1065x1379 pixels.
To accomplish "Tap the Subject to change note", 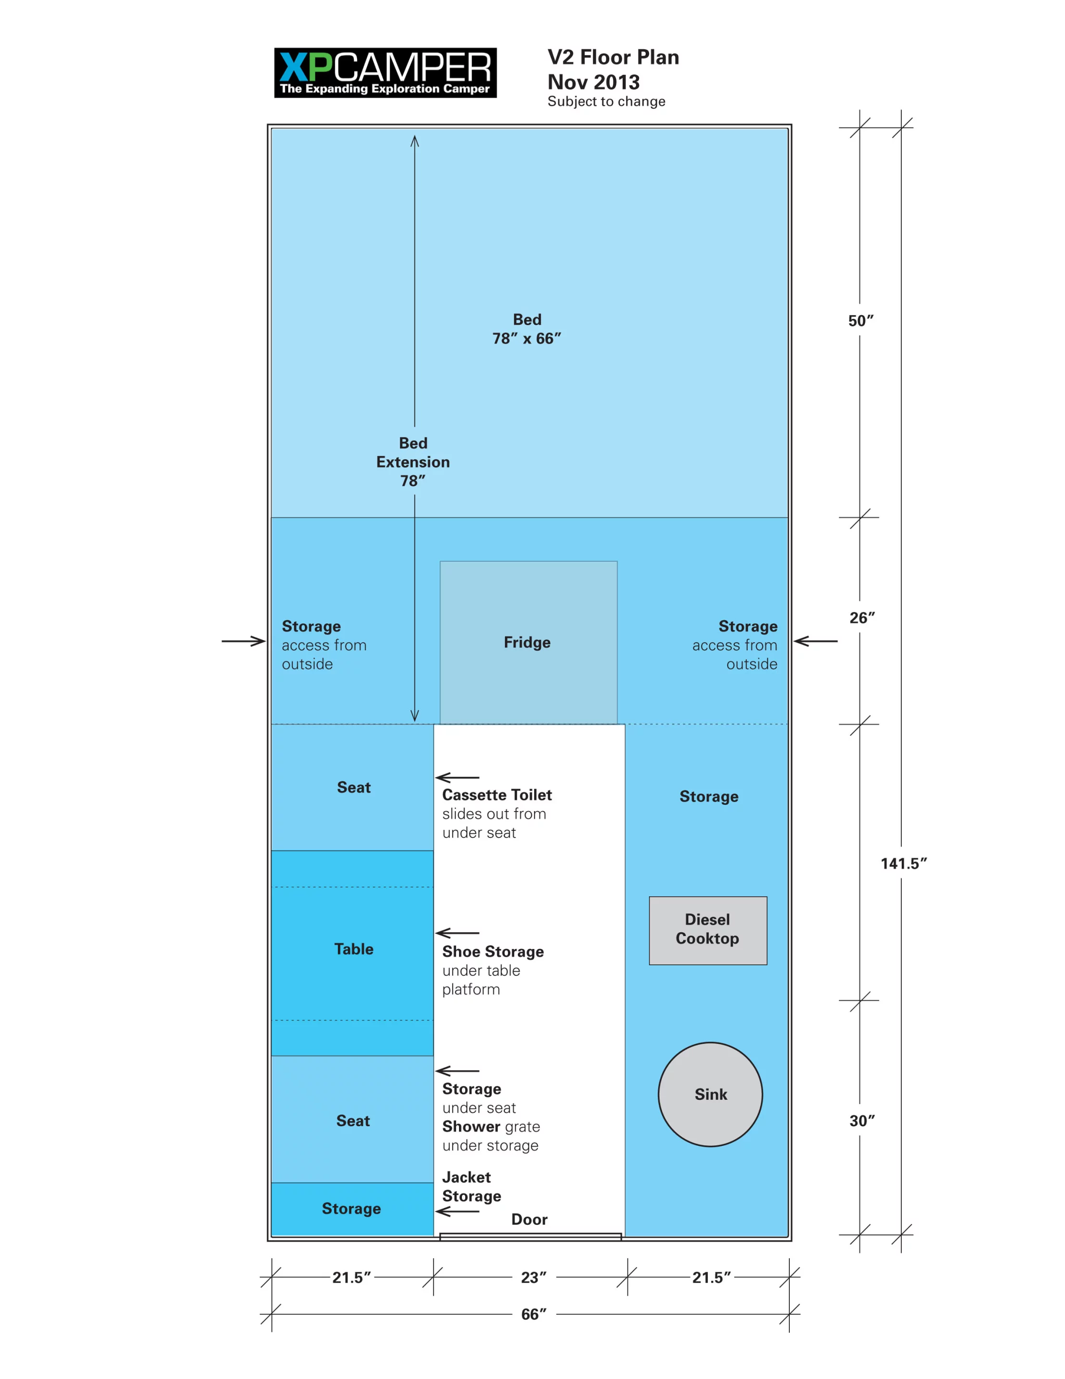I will (605, 102).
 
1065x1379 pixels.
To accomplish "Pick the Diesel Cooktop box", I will (707, 929).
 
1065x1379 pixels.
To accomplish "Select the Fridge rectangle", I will (528, 642).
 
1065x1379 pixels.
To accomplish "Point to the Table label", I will (354, 949).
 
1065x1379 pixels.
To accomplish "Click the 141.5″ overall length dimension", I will (903, 864).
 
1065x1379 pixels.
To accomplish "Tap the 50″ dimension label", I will (861, 321).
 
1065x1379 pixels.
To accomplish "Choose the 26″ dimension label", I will (862, 618).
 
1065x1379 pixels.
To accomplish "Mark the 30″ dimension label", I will (862, 1121).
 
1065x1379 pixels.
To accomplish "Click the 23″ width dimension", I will (533, 1277).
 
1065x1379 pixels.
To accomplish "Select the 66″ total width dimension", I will (533, 1314).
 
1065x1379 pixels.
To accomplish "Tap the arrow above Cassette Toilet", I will (457, 777).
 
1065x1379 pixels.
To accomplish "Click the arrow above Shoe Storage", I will (457, 933).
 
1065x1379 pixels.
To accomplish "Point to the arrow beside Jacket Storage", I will (457, 1211).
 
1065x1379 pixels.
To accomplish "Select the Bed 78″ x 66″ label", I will (527, 329).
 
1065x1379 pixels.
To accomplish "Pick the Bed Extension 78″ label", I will (413, 462).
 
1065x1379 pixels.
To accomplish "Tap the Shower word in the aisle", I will (471, 1127).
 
